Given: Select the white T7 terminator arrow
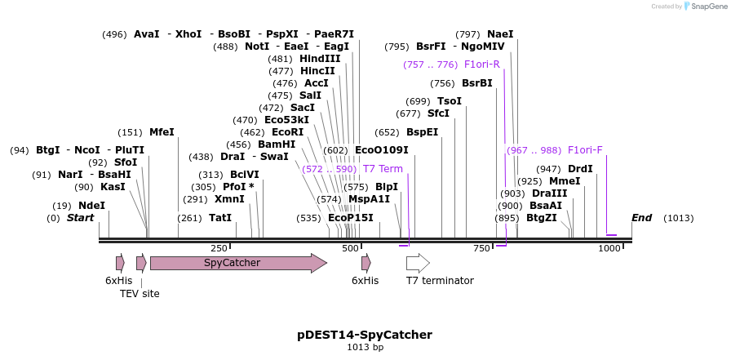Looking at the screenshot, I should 418,263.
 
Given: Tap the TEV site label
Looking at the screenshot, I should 140,294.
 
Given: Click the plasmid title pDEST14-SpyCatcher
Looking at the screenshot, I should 365,335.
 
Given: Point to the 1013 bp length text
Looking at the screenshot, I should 365,348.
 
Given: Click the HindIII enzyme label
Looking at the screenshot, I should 320,59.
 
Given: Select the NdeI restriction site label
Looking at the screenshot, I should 91,206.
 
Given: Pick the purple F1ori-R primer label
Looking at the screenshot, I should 481,64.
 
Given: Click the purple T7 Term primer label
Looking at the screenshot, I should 383,169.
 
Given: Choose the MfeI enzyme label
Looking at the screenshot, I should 162,132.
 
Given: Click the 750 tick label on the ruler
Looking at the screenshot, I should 481,248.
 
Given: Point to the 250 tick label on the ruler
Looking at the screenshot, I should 219,248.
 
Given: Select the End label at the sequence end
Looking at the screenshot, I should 642,218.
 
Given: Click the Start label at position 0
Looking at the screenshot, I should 80,218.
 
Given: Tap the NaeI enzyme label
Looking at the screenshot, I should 500,34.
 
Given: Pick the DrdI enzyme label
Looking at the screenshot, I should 580,169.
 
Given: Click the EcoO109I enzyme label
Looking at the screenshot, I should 381,150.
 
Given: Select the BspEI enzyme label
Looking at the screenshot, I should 422,132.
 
